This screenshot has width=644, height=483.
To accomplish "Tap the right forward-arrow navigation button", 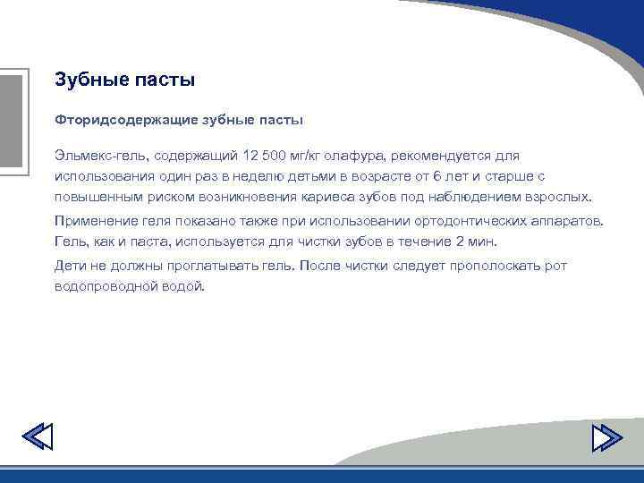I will [x=607, y=436].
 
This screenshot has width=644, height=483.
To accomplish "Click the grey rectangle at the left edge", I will [x=10, y=122].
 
